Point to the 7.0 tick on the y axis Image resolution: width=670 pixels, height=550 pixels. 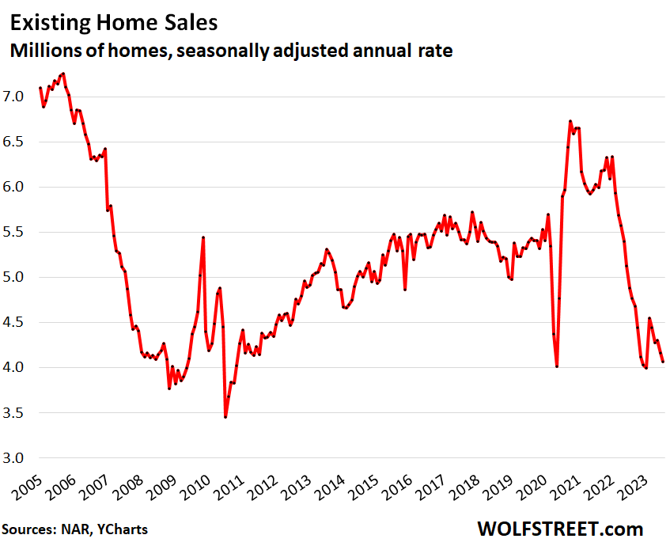(19, 97)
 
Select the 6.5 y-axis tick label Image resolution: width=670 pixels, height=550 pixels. (19, 142)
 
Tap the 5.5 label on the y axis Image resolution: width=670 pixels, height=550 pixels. (19, 233)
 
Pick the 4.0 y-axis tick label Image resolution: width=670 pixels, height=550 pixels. (19, 368)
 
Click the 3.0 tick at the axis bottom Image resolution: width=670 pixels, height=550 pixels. (19, 458)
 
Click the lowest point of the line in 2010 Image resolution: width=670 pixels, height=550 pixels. (225, 417)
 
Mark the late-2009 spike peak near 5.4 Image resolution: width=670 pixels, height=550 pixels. (203, 237)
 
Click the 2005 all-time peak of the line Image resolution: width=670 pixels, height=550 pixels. (62, 74)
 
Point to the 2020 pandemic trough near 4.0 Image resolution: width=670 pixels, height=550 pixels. (557, 366)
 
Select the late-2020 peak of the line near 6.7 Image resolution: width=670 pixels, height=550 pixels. (570, 121)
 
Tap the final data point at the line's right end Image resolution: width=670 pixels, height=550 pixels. (663, 362)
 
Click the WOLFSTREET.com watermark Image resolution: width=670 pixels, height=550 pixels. (560, 528)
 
